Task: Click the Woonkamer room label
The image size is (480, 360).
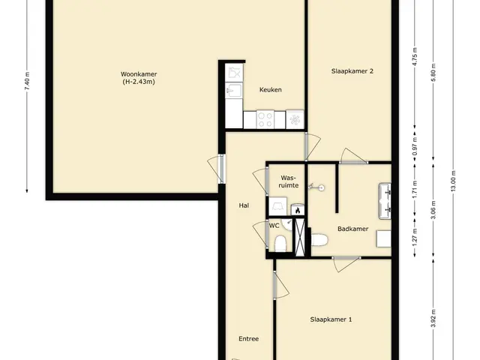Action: click(x=139, y=74)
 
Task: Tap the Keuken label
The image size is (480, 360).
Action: click(x=271, y=90)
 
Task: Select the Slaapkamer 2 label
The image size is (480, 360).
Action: click(x=352, y=71)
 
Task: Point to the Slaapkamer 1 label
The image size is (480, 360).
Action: click(x=331, y=319)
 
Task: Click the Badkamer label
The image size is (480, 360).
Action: click(x=353, y=229)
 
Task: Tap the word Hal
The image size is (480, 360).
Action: click(x=244, y=205)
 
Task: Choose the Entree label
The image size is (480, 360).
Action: click(x=248, y=339)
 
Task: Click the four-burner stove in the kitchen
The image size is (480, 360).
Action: click(x=265, y=119)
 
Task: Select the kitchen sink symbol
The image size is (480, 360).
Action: click(x=234, y=91)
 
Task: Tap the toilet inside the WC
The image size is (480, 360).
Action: click(x=280, y=244)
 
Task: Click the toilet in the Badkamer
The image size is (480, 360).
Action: click(x=319, y=240)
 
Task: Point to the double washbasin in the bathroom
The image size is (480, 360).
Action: click(x=385, y=201)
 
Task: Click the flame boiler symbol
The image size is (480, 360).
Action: click(x=298, y=210)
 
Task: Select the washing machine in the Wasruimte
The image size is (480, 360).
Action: click(x=277, y=206)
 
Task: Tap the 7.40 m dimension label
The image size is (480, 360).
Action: click(x=27, y=81)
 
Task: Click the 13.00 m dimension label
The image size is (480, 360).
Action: click(x=453, y=181)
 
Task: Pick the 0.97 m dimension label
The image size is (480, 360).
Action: click(x=415, y=145)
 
